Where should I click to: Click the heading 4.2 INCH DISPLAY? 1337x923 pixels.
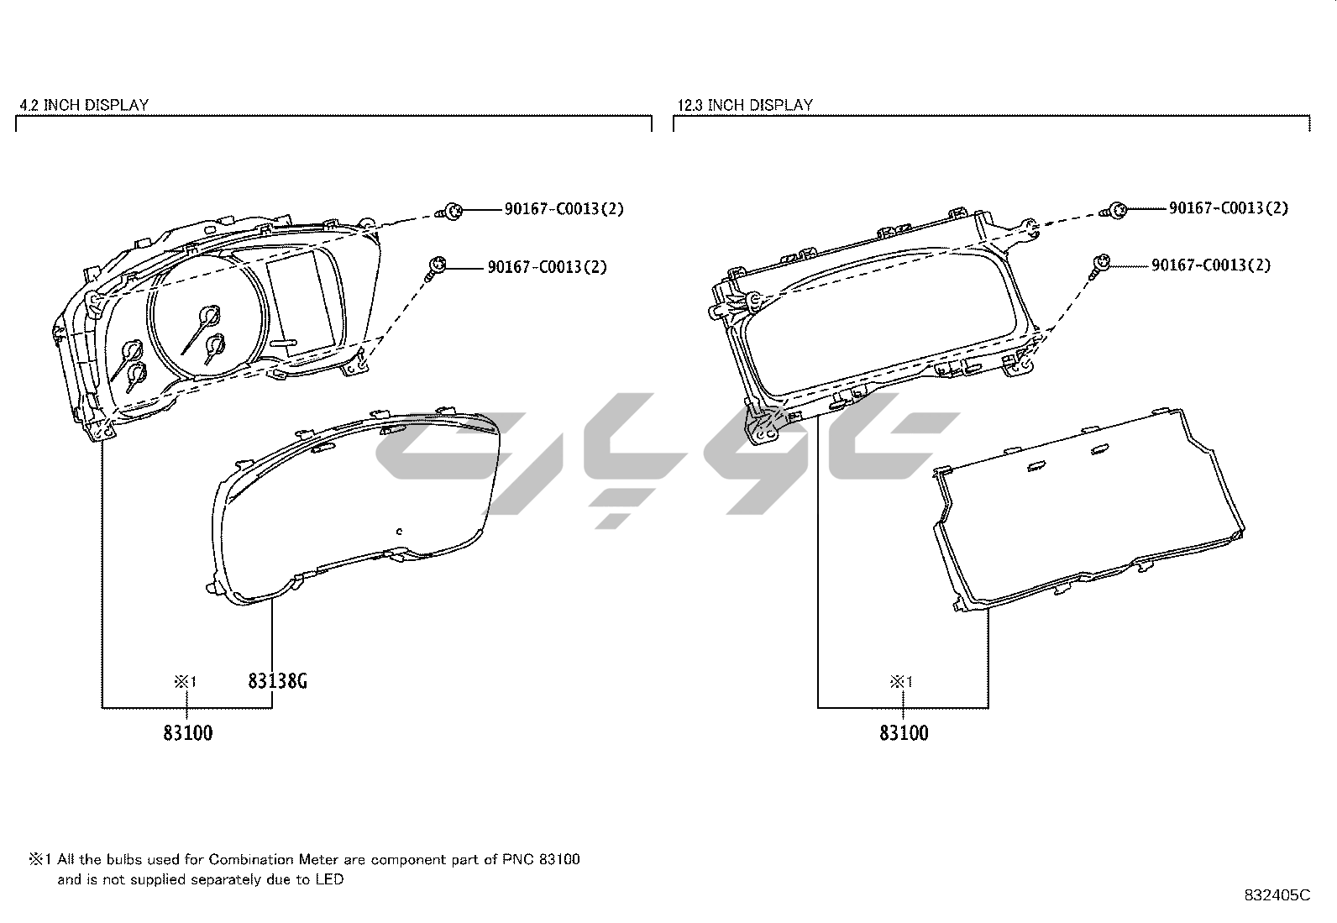(84, 105)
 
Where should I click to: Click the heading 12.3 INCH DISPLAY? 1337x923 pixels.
(745, 105)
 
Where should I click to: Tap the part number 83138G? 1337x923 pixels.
(277, 680)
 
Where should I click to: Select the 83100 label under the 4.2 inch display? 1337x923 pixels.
(188, 733)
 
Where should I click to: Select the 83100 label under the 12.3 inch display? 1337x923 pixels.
(904, 733)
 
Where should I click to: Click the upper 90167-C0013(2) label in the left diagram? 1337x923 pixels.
(564, 209)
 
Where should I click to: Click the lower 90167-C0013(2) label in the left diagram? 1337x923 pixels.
(548, 267)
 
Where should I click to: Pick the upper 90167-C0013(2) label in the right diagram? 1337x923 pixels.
(1229, 208)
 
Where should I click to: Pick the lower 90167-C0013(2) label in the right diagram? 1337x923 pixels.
(1211, 265)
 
